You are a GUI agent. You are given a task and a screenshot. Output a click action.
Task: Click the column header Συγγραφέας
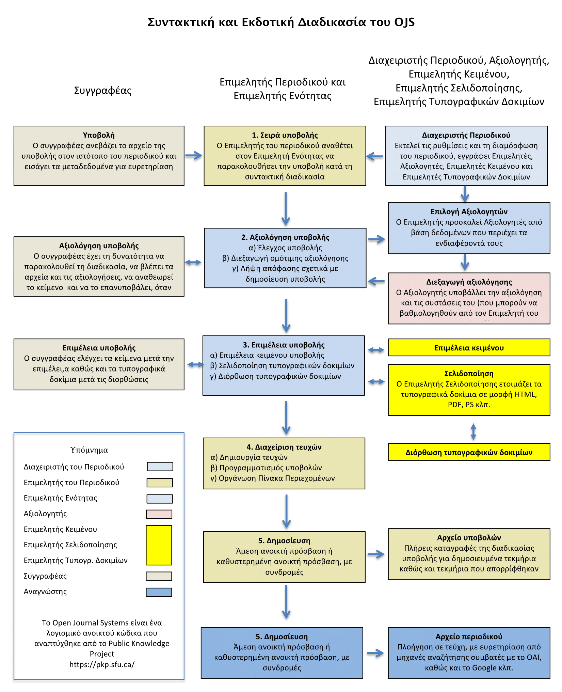tap(102, 91)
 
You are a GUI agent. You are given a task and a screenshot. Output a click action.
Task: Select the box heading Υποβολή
tap(99, 135)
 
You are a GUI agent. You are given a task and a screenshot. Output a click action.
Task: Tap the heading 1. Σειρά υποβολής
tap(285, 135)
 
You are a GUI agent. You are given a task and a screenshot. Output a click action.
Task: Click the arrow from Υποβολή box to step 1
tap(194, 156)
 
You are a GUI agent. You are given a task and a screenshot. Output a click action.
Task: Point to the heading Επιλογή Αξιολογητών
tap(469, 211)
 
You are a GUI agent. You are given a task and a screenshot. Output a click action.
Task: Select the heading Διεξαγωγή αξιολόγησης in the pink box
tap(469, 282)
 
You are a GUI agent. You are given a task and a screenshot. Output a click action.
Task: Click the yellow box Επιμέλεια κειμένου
tap(469, 348)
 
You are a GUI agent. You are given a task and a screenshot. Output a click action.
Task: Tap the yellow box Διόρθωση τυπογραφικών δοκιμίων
tap(469, 452)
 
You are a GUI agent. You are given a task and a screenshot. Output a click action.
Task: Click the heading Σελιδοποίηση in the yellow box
tap(469, 374)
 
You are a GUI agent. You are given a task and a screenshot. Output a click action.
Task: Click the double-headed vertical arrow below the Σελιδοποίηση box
tap(473, 431)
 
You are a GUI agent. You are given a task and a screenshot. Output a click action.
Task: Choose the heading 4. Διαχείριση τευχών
tap(284, 447)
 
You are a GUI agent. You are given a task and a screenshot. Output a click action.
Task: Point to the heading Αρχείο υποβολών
tap(469, 538)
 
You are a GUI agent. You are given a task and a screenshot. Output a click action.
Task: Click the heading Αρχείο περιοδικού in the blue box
tap(469, 636)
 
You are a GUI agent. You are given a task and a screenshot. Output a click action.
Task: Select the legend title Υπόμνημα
tap(89, 450)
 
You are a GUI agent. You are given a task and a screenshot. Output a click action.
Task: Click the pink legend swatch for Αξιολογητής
tap(159, 514)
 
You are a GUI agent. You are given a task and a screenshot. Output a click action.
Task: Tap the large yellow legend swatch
tap(159, 545)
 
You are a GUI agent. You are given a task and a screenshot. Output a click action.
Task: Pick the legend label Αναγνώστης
tap(45, 592)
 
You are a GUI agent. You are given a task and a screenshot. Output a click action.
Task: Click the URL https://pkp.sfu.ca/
tap(102, 664)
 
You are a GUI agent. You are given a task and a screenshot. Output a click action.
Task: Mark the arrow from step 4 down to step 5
tap(286, 511)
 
